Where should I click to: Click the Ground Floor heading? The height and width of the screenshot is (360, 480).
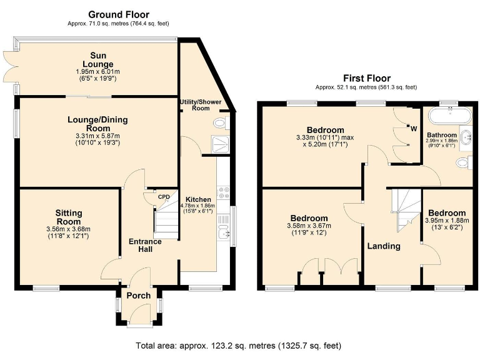point(119,14)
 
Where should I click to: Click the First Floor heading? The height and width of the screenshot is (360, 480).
point(366,80)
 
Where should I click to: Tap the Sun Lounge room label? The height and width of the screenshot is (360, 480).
point(99,60)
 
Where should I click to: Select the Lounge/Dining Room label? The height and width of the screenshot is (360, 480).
point(94,124)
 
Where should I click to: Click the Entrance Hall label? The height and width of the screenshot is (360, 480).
point(145,246)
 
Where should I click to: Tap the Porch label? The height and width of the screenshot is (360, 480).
point(138,296)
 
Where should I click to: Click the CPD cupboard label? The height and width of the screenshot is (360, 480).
point(164,197)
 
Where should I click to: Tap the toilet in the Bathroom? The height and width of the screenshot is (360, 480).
point(463,162)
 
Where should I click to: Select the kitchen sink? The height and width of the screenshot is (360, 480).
point(223,234)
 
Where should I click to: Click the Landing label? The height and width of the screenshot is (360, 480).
point(384,246)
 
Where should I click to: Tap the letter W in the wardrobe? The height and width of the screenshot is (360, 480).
point(413,129)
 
